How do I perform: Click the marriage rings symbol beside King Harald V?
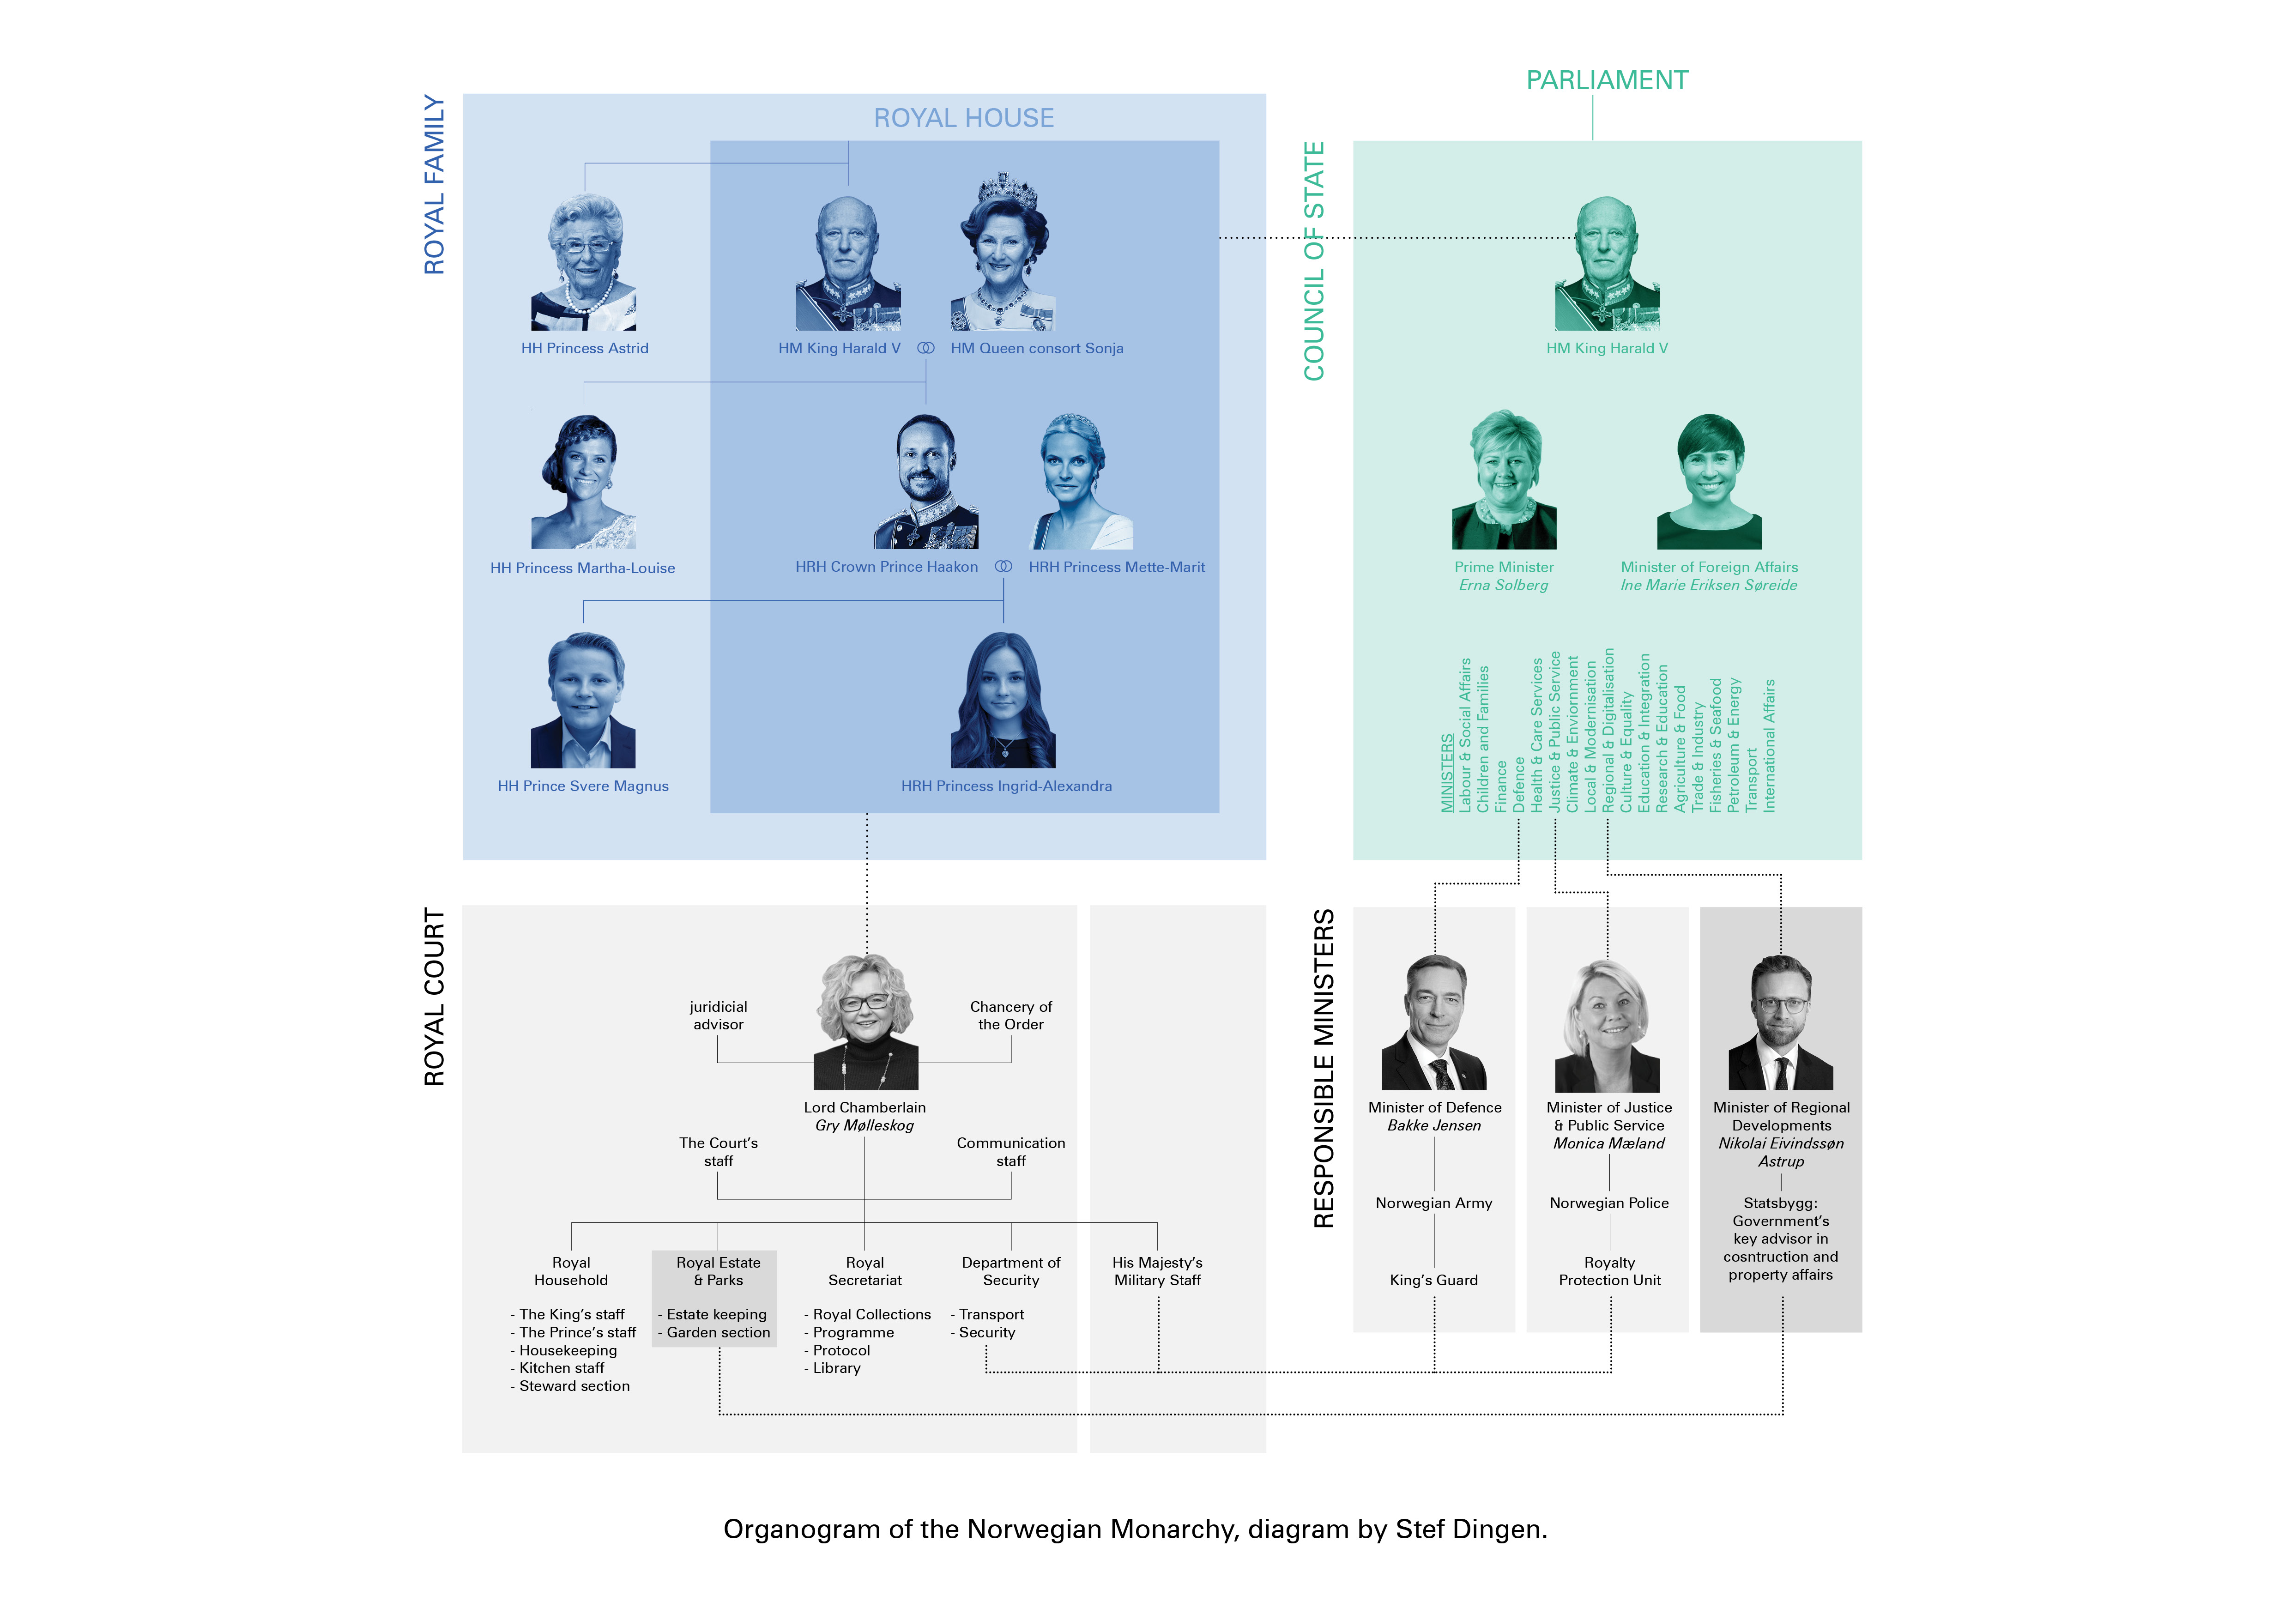[x=926, y=348]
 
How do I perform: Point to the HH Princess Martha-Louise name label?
[x=583, y=568]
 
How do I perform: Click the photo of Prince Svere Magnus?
[x=584, y=700]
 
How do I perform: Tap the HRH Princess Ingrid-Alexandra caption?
[x=1006, y=786]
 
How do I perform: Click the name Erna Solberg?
[x=1504, y=586]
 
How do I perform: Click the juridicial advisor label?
[x=719, y=1016]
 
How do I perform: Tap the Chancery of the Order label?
[x=1011, y=1016]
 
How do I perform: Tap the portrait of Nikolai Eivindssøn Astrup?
[x=1781, y=1023]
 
